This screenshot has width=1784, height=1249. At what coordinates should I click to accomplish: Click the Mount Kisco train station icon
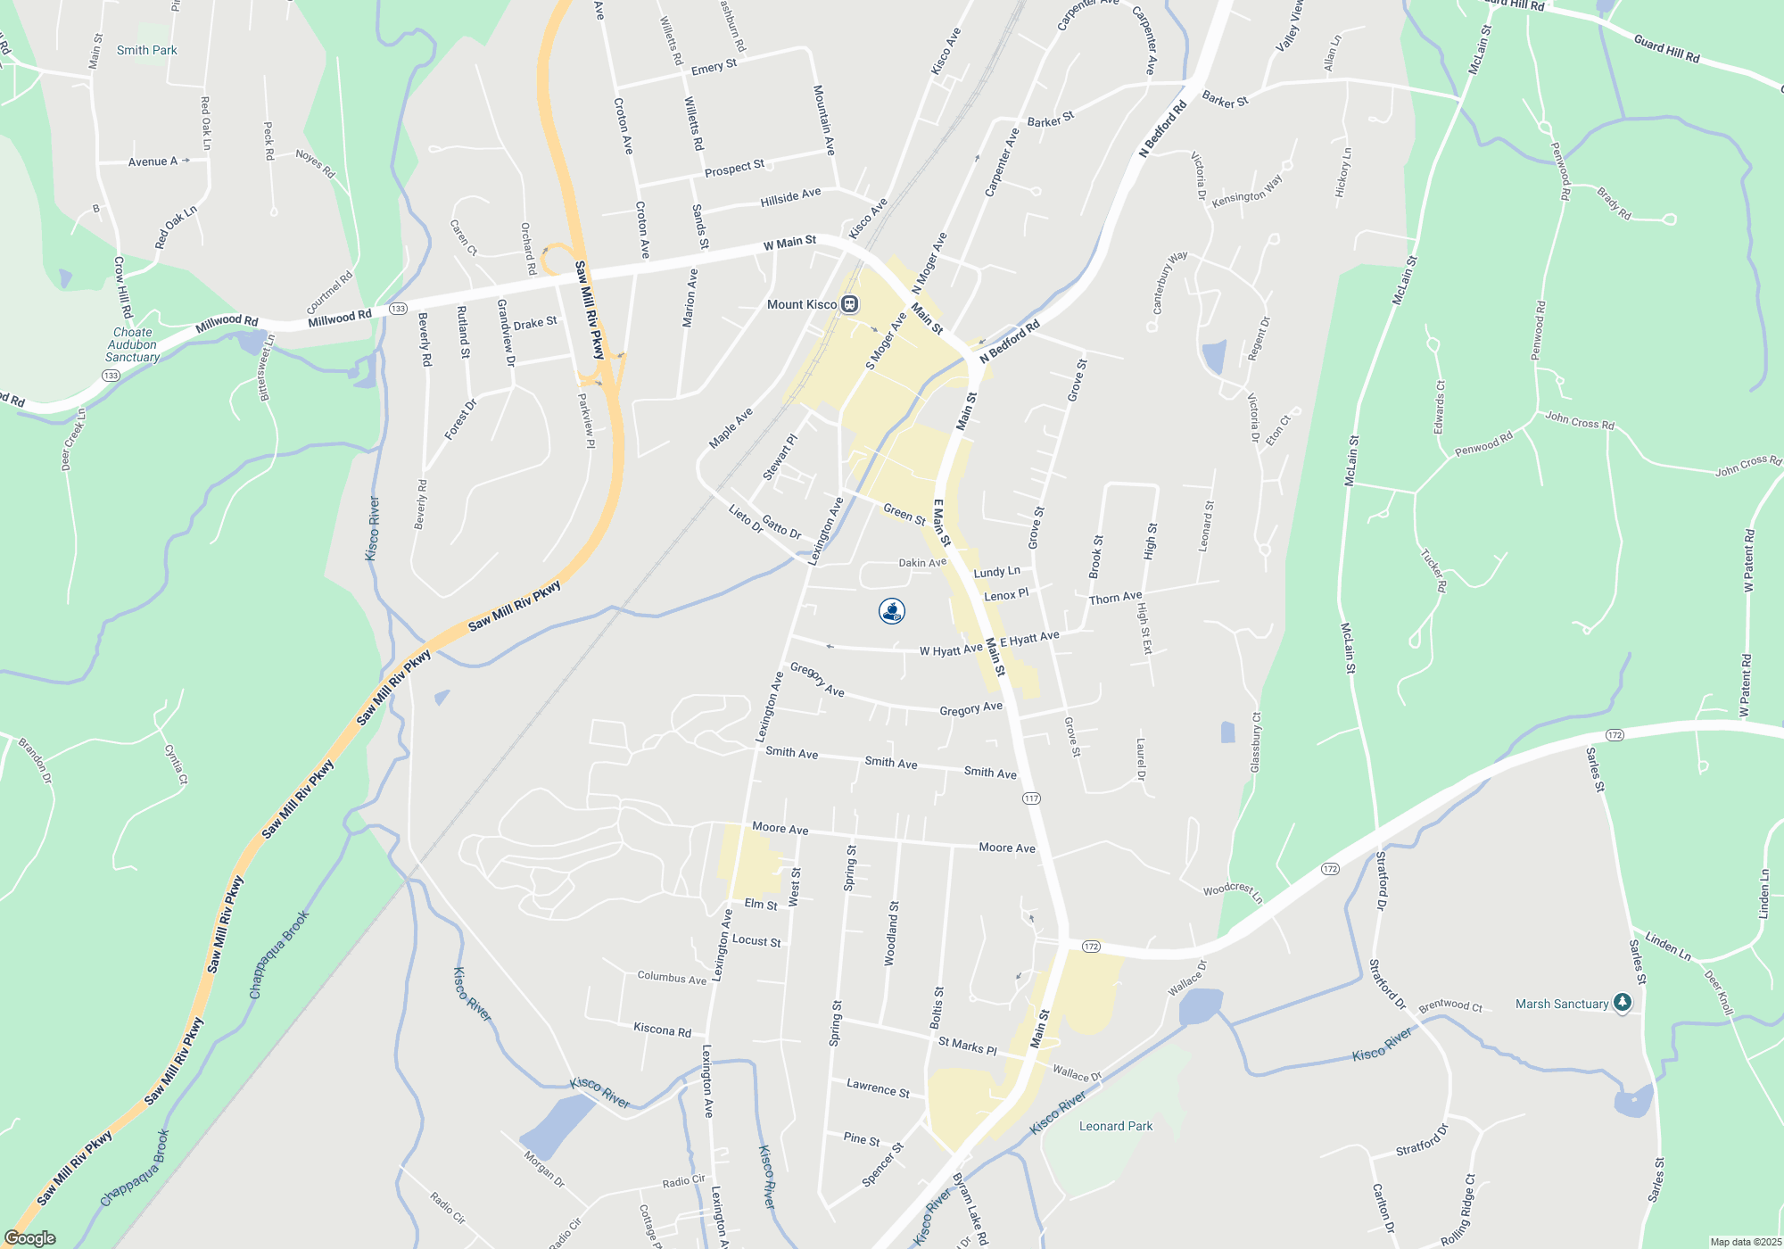tap(850, 304)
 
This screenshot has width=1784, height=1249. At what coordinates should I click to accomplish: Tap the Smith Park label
tap(146, 50)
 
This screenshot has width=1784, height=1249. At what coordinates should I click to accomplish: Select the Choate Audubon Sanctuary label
tap(132, 344)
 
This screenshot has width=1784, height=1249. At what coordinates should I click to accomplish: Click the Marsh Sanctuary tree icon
tap(1623, 1003)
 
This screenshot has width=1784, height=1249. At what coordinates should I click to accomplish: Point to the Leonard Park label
tap(1115, 1126)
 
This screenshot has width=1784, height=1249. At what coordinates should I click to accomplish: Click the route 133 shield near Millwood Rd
tap(398, 309)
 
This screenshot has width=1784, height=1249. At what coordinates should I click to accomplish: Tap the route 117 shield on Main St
tap(1031, 798)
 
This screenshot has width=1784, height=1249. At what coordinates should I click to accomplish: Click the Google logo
tap(29, 1238)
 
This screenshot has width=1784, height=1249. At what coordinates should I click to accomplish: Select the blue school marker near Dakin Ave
tap(892, 611)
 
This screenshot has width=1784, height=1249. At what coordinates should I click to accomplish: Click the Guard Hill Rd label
tap(1666, 48)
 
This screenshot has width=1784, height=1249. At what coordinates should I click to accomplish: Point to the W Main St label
tap(789, 242)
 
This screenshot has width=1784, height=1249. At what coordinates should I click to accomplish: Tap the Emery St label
tap(714, 67)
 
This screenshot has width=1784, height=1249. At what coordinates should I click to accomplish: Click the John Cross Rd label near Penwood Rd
tap(1580, 420)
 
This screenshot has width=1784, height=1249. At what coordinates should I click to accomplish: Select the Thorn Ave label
tap(1115, 598)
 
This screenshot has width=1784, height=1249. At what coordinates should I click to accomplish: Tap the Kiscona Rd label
tap(662, 1030)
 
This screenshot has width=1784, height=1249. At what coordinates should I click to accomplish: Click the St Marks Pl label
tap(967, 1046)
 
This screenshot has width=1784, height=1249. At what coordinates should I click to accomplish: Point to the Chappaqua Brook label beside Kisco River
tap(279, 955)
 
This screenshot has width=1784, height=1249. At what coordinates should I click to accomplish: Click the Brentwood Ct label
tap(1450, 1005)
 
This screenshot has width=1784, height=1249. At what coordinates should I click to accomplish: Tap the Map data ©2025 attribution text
tap(1746, 1242)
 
